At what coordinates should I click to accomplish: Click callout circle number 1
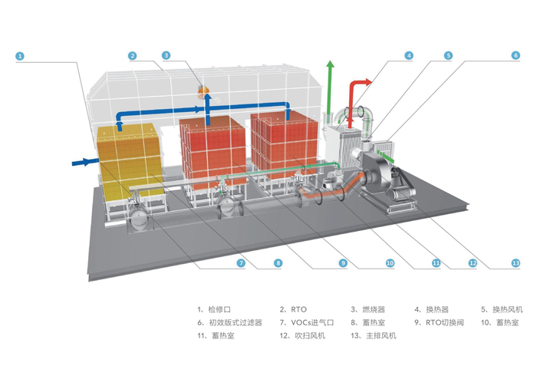21,56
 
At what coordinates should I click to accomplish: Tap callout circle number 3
166,56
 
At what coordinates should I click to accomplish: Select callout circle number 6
516,56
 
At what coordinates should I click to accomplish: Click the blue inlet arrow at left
83,161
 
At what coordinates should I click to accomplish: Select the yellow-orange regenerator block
129,157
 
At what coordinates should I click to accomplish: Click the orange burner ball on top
204,90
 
